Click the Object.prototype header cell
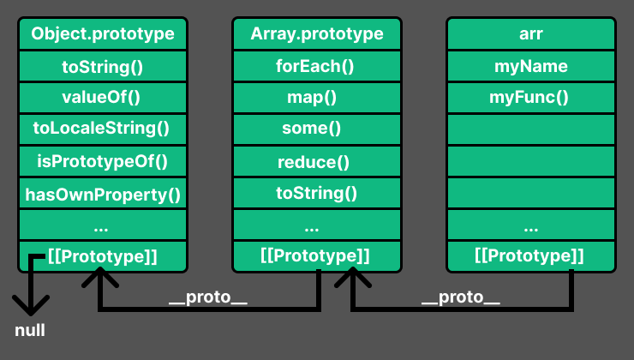pyautogui.click(x=102, y=34)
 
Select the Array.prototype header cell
pyautogui.click(x=316, y=34)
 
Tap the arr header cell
pyautogui.click(x=530, y=34)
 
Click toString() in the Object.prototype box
pyautogui.click(x=102, y=66)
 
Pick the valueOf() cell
pyautogui.click(x=102, y=97)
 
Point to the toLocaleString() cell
pyautogui.click(x=102, y=129)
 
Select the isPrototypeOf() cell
pyautogui.click(x=102, y=160)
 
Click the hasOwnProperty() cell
pyautogui.click(x=102, y=193)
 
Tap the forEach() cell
pyautogui.click(x=316, y=66)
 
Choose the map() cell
pyautogui.click(x=316, y=97)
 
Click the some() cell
pyautogui.click(x=316, y=129)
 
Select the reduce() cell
pyautogui.click(x=316, y=161)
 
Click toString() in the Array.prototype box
pyautogui.click(x=316, y=193)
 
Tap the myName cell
pyautogui.click(x=530, y=66)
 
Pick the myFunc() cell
pyautogui.click(x=530, y=97)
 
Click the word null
pyautogui.click(x=30, y=330)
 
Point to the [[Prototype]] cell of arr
pyautogui.click(x=530, y=255)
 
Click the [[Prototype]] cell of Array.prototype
pyautogui.click(x=316, y=255)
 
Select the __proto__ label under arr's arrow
pyautogui.click(x=461, y=298)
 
